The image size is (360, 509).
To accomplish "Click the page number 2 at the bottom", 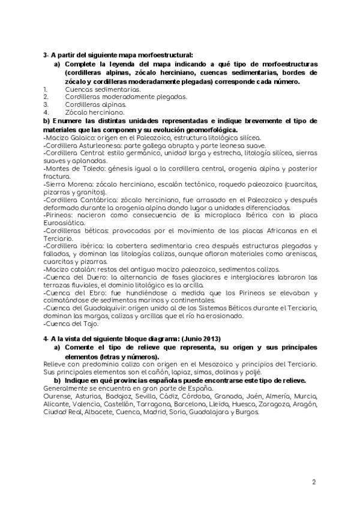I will (x=313, y=482).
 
